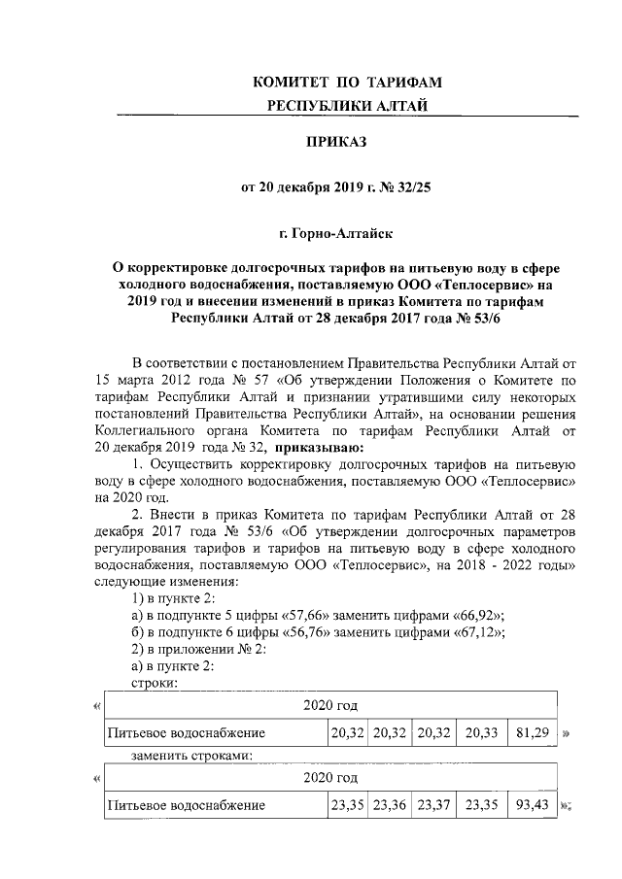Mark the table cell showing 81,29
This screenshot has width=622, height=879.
pyautogui.click(x=532, y=731)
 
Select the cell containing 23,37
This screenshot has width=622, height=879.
pyautogui.click(x=432, y=805)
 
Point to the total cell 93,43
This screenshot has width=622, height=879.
pyautogui.click(x=532, y=805)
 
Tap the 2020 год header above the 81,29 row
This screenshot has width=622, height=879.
pyautogui.click(x=329, y=703)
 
